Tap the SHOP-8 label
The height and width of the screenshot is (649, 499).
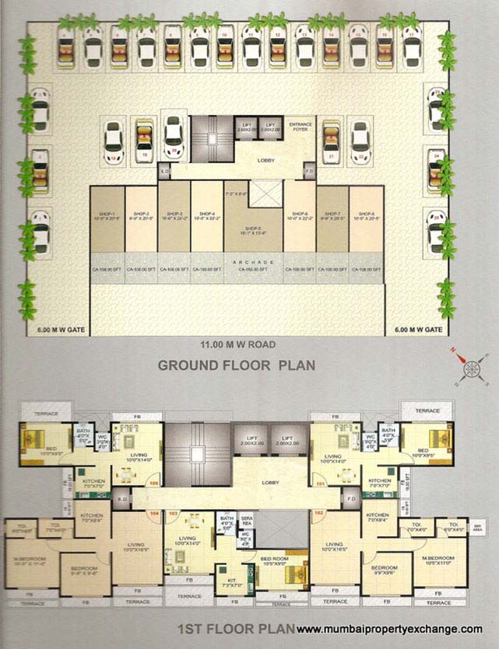[x=366, y=215]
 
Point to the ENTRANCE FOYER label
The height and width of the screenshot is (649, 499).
[x=301, y=127]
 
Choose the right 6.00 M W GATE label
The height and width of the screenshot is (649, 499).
[x=420, y=330]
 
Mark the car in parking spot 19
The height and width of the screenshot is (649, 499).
[x=144, y=140]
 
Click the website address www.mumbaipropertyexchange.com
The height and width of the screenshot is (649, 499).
[x=390, y=629]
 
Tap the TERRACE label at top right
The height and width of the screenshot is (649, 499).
[x=427, y=410]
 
